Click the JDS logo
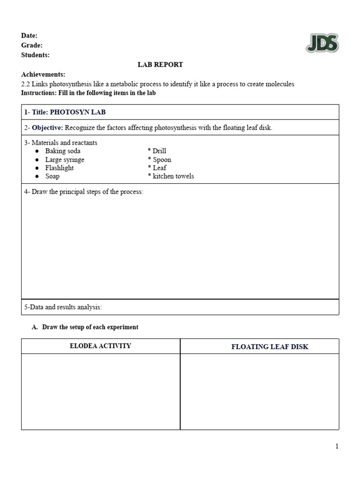(x=322, y=44)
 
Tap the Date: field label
(x=30, y=36)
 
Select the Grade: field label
(x=32, y=45)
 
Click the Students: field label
(x=35, y=55)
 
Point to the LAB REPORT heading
(x=160, y=65)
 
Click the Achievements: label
(x=43, y=75)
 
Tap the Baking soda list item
(x=63, y=151)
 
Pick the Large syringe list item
(x=65, y=159)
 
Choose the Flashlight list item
(x=60, y=168)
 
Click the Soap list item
(x=52, y=176)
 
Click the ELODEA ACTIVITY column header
(x=100, y=346)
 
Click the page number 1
(x=337, y=446)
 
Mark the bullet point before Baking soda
(x=37, y=151)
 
